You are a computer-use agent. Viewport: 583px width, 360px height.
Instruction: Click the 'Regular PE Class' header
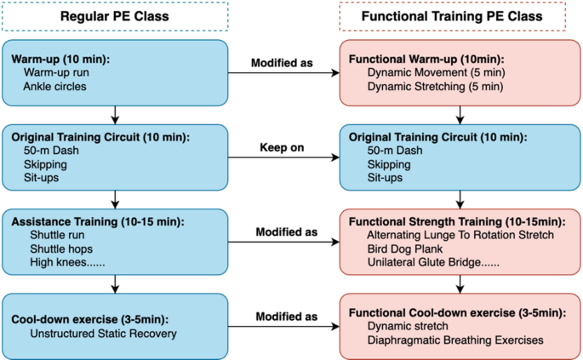115,17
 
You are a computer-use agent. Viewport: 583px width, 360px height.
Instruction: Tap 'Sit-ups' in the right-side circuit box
386,178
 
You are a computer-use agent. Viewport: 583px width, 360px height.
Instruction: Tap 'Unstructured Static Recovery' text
100,333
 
